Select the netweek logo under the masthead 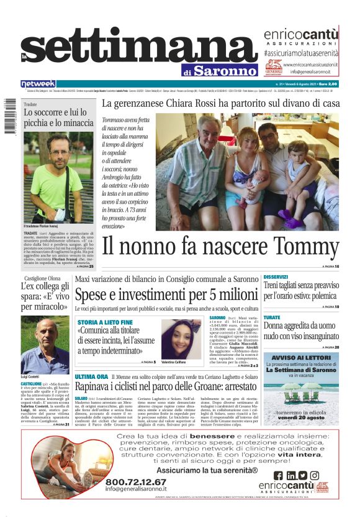(38, 83)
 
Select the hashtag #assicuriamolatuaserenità (301, 53)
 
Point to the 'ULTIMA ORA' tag (91, 377)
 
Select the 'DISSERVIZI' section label (276, 276)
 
